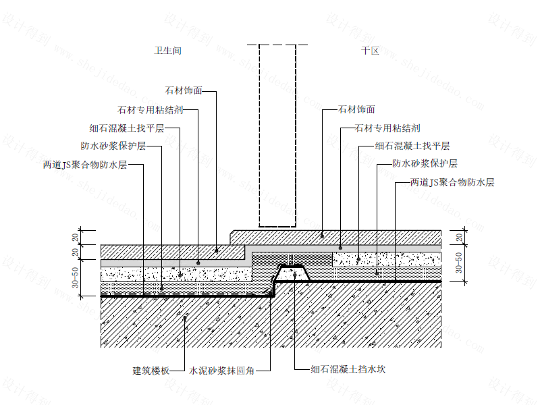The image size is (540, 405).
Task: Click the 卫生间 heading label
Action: [167, 51]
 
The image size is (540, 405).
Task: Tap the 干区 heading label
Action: [370, 51]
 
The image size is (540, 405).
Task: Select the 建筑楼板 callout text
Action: [151, 371]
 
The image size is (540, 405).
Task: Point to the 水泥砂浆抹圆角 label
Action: [222, 371]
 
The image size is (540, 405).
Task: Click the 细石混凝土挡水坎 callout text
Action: [348, 369]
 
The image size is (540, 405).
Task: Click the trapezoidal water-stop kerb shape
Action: [293, 273]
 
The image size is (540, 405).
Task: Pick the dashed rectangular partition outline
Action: [277, 136]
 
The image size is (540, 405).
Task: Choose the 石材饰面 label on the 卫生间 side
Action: [184, 90]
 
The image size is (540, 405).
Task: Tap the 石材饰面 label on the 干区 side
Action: [356, 109]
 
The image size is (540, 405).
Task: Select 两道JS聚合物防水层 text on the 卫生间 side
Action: [85, 165]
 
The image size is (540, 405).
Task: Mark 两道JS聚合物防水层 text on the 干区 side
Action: [452, 182]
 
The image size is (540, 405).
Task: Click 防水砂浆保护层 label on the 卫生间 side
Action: [113, 146]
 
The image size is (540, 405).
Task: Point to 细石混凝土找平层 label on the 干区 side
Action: [412, 146]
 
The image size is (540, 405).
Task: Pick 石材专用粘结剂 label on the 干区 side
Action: [387, 128]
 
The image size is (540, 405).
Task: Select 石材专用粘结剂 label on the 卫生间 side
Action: [150, 110]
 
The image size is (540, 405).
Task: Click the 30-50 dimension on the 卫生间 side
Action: [76, 277]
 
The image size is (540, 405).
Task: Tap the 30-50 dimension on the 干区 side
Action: [459, 263]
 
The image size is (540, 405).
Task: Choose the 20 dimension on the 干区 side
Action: [459, 238]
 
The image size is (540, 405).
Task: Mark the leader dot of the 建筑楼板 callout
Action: [185, 318]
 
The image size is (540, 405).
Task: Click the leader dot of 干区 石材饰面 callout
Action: [323, 236]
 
